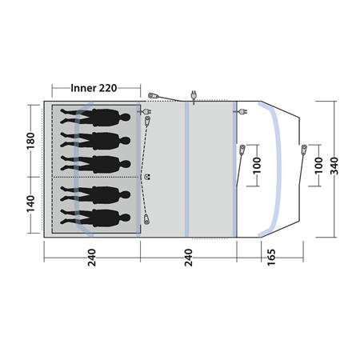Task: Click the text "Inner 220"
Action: coord(94,88)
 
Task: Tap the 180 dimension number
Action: coord(31,141)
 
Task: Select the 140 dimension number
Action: coord(31,204)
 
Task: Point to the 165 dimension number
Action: coord(271,257)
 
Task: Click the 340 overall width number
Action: coord(334,166)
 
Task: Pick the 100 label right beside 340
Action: coord(318,166)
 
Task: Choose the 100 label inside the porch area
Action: coord(257,166)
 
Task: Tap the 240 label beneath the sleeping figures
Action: coord(91,258)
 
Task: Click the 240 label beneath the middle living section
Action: coord(188,258)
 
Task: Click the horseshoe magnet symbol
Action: coord(147,177)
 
